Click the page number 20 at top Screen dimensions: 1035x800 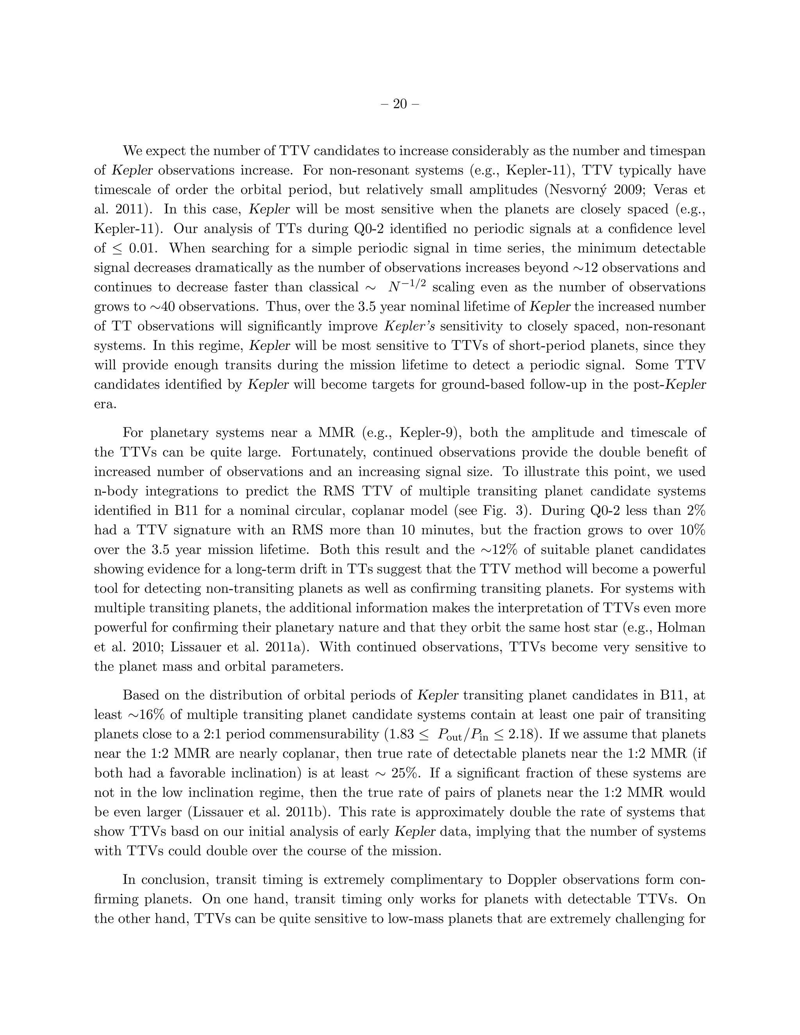[x=400, y=104]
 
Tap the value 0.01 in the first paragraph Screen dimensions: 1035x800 [x=145, y=248]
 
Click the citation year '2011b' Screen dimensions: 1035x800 [x=304, y=812]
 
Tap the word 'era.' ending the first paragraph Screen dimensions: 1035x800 [x=105, y=404]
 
